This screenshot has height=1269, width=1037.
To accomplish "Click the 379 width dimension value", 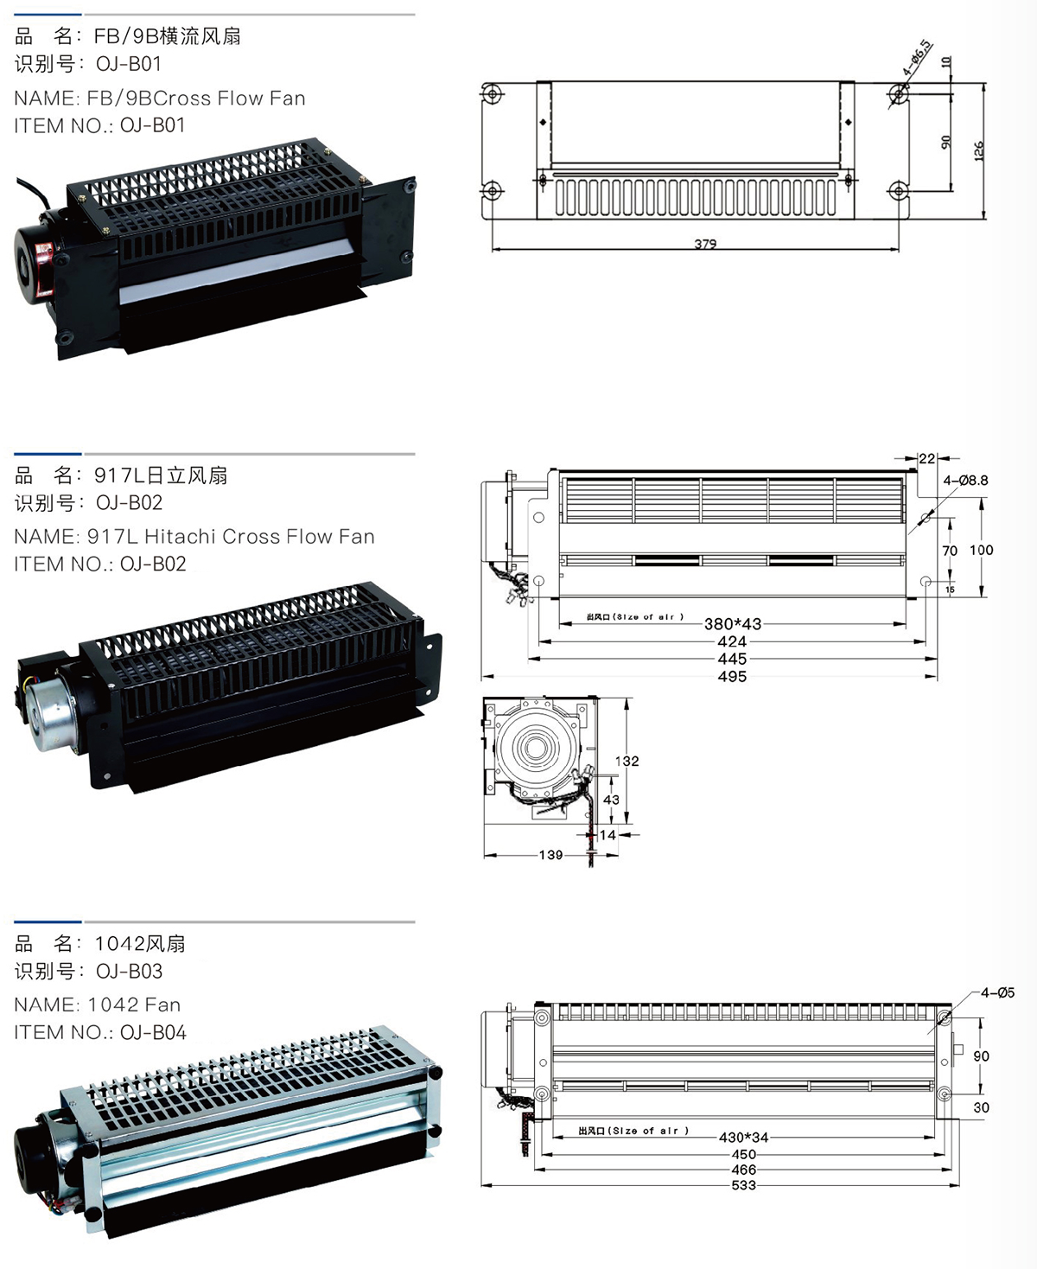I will click(x=705, y=244).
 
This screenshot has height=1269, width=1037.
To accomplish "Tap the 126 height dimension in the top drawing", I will click(x=979, y=151).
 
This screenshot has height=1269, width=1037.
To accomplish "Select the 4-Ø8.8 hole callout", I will click(x=965, y=481).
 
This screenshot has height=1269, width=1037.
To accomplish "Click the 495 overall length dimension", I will click(x=732, y=677).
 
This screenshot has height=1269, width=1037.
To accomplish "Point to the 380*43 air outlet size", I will click(x=733, y=624).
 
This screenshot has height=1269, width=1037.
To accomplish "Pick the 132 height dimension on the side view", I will click(x=627, y=762).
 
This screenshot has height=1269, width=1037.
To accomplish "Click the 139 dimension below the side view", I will click(x=550, y=855).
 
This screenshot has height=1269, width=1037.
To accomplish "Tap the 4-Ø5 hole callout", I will click(x=997, y=993).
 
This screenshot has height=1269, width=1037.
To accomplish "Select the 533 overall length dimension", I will click(x=743, y=1185).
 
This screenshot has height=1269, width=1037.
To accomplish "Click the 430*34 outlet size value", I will click(x=743, y=1138).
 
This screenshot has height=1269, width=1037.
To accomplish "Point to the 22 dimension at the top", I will click(x=926, y=459).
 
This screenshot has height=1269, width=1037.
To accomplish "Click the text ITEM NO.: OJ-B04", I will click(x=100, y=1032).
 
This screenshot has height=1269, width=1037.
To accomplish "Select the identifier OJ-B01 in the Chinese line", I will click(x=129, y=64).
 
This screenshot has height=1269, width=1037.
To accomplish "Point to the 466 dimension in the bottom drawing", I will click(x=743, y=1170).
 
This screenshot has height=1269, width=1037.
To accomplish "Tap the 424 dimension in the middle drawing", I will click(x=732, y=641).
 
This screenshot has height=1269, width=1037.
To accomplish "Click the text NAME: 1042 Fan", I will click(x=98, y=1004).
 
